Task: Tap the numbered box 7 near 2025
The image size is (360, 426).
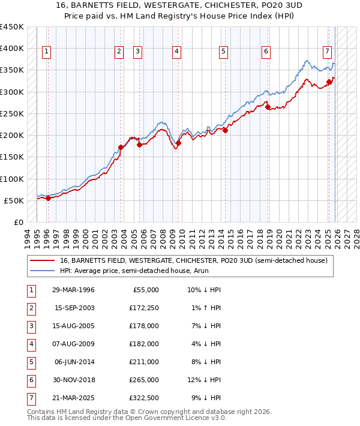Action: (328, 51)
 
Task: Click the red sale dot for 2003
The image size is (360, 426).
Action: (121, 147)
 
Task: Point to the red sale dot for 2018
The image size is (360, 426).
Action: (268, 107)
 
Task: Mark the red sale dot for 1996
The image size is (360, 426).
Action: (48, 198)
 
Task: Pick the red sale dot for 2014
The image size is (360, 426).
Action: (225, 130)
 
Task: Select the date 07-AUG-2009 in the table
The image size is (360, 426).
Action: (74, 344)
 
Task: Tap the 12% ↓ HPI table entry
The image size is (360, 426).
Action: (205, 380)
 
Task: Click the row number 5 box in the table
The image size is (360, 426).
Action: (31, 362)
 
